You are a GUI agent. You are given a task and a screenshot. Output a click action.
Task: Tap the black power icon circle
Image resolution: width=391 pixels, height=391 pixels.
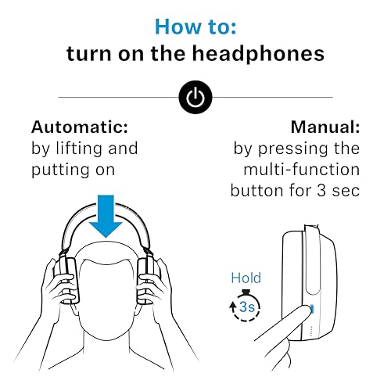tap(195, 97)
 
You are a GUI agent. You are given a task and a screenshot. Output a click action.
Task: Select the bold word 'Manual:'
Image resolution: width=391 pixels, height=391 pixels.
tap(325, 127)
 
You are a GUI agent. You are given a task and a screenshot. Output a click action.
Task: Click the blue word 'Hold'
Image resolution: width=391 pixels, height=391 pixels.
tap(246, 278)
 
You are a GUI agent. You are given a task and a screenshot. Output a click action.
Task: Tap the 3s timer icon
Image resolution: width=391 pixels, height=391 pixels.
tap(246, 307)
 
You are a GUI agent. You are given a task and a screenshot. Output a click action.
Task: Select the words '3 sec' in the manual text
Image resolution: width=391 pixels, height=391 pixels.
tap(334, 190)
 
